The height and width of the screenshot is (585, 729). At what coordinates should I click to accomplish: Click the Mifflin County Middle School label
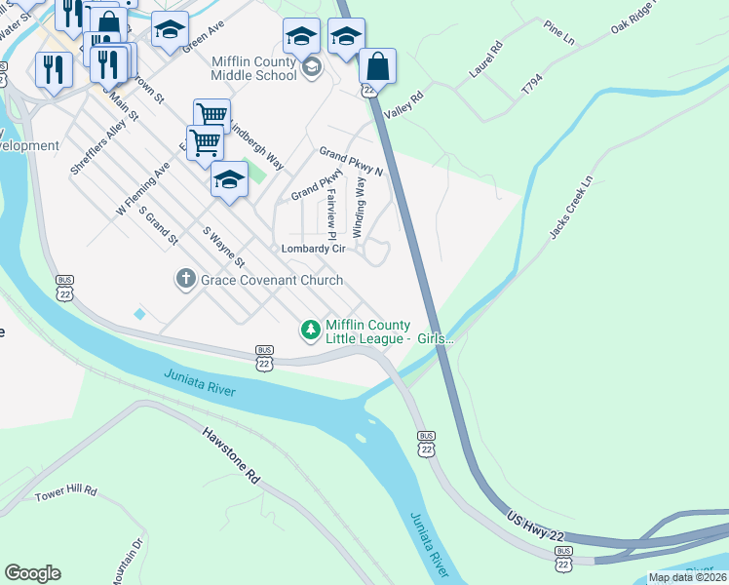point(254,67)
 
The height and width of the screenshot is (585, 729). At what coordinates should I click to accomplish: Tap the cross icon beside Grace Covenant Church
point(185,280)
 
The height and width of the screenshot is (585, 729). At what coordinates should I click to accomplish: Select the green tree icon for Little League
point(311,331)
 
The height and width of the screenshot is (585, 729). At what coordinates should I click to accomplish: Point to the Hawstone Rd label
point(232,458)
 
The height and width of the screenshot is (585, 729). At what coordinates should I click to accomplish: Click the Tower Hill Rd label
point(66,493)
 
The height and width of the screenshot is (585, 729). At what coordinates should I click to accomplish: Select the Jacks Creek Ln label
point(570,208)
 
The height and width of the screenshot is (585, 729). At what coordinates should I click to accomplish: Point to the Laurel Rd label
point(484,58)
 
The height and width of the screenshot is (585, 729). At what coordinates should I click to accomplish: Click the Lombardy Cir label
point(314,249)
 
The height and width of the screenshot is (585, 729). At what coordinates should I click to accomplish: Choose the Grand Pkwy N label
point(352,162)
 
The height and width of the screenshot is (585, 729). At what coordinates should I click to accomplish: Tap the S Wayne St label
point(223,247)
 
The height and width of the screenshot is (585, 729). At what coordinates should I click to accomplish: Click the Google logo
point(32,573)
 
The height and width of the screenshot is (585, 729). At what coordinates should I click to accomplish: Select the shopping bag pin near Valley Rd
point(377,67)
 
